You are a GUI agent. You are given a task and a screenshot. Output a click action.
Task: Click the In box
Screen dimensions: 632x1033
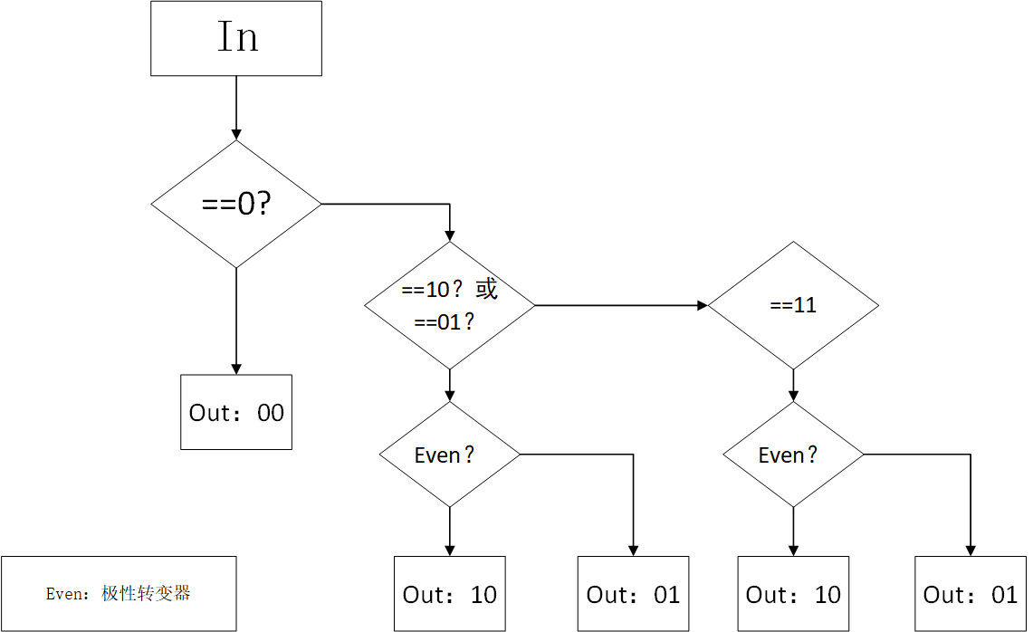235,38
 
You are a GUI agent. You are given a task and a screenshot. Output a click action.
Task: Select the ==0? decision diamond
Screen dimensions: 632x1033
235,204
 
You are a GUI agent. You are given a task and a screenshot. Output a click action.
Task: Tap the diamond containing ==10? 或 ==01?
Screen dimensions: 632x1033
449,305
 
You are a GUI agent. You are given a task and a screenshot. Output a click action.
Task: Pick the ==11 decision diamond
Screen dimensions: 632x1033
793,305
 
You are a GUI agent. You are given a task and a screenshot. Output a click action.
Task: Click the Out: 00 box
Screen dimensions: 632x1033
235,412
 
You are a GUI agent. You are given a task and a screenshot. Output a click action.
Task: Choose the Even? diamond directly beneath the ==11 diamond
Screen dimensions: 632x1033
793,455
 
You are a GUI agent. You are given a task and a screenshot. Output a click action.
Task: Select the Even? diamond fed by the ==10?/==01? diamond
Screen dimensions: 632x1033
449,455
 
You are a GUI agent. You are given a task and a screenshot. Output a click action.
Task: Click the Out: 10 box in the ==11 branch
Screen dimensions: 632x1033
793,594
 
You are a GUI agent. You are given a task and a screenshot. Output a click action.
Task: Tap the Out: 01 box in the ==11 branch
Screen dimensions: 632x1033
971,594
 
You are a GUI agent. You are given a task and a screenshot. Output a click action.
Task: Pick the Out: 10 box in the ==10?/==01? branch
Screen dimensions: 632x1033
449,594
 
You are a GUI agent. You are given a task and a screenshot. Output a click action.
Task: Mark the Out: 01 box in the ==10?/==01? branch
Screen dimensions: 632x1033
633,594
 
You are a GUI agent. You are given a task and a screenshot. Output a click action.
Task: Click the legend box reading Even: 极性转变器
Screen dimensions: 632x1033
119,593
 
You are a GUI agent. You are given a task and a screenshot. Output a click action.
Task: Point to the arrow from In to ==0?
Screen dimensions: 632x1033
235,107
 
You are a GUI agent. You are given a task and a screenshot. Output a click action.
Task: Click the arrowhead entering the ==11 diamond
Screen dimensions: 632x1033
702,305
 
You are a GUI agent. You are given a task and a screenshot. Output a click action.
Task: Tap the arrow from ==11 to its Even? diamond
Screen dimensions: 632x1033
793,385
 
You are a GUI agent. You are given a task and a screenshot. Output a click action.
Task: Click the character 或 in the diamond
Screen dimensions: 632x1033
487,290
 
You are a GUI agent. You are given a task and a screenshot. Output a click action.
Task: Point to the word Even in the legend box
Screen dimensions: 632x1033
63,594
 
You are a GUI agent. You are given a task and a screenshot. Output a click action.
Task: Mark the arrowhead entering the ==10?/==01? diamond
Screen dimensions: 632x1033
449,235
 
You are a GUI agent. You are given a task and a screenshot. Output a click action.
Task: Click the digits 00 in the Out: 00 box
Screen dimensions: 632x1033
271,413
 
